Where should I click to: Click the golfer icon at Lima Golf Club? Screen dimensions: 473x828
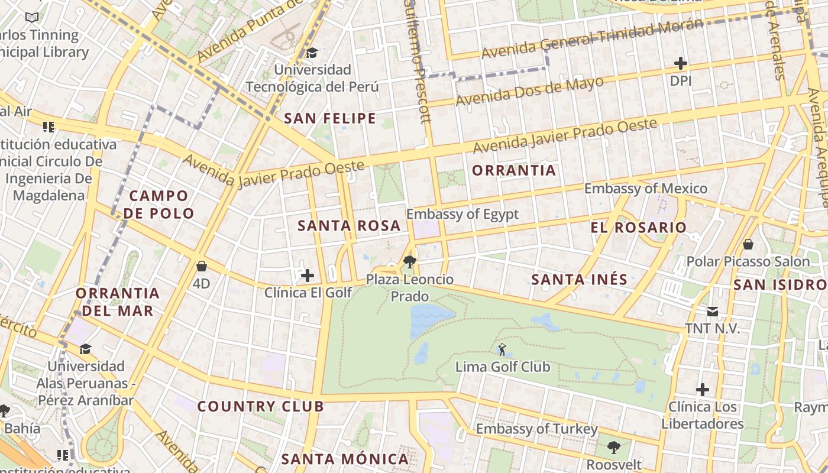(x=502, y=349)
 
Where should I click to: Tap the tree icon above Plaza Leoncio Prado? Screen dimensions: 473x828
(x=408, y=261)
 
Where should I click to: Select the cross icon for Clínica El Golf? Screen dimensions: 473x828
(x=308, y=275)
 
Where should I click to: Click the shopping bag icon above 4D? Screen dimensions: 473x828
(x=201, y=266)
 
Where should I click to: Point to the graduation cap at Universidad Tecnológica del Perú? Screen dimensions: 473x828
(x=312, y=53)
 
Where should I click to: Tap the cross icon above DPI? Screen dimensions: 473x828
(x=681, y=63)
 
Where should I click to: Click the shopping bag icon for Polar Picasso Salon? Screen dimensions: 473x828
(x=748, y=244)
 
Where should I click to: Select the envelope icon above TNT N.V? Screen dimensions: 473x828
(x=713, y=312)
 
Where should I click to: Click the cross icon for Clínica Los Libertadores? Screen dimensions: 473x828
(x=702, y=390)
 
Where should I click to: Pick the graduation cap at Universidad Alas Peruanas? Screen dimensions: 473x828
(x=86, y=349)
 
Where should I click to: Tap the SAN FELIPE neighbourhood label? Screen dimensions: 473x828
(x=330, y=118)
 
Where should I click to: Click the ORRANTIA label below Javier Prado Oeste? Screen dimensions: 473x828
(x=514, y=170)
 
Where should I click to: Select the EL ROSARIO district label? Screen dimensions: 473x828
(x=638, y=227)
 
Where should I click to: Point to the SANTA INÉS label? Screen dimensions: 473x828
(x=579, y=279)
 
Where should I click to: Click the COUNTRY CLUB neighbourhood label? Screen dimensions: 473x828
(x=260, y=406)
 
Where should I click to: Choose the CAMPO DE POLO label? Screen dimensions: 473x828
(x=159, y=205)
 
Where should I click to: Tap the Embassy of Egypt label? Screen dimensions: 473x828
(x=462, y=214)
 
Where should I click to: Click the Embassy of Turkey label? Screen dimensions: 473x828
(x=537, y=429)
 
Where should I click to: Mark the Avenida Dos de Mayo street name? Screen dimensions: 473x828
(x=529, y=90)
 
